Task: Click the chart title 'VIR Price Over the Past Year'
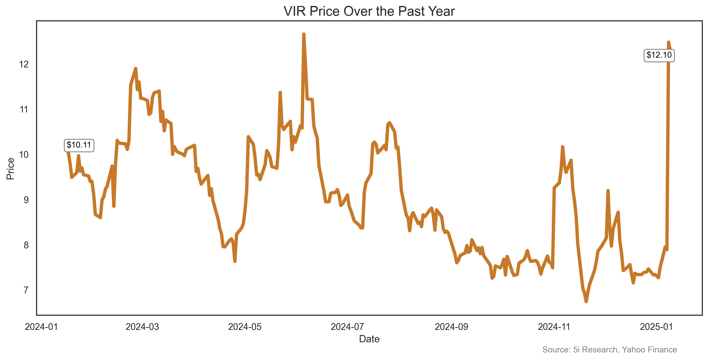click(x=369, y=12)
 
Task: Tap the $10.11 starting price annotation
click(x=79, y=145)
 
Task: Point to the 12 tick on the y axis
click(x=24, y=64)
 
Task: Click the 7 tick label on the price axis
click(x=26, y=290)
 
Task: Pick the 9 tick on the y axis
click(x=26, y=200)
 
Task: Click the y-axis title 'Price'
click(x=10, y=169)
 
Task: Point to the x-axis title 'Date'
click(x=369, y=339)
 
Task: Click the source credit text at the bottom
click(x=609, y=350)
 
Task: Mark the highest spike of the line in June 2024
click(x=303, y=34)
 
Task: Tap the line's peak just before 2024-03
click(x=136, y=68)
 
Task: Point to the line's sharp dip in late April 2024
click(x=235, y=261)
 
